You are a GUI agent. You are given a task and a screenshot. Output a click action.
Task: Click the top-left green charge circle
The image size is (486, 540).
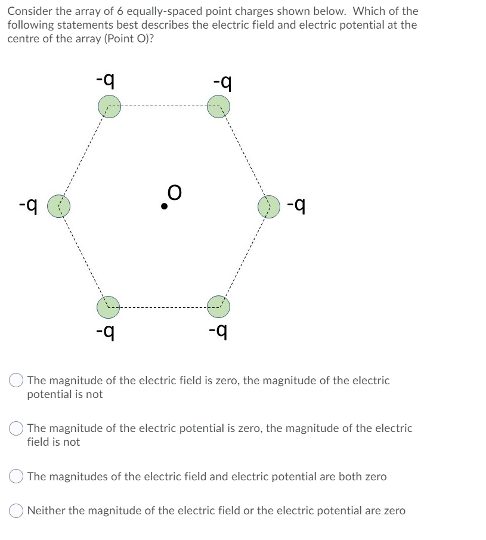click(109, 107)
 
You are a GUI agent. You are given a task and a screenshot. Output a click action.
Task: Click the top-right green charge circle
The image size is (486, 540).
click(218, 107)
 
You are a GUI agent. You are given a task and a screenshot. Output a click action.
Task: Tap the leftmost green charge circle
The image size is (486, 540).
click(58, 206)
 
